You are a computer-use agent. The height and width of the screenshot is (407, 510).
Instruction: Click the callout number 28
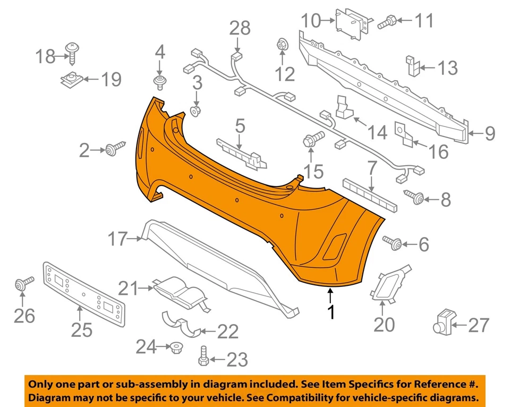(240, 28)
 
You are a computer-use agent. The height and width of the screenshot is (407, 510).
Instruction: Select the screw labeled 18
(71, 52)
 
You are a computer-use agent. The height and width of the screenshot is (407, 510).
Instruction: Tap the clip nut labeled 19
(71, 80)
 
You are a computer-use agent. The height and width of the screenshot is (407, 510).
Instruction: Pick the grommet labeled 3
(195, 111)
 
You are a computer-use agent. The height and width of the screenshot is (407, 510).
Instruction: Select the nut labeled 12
(282, 46)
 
